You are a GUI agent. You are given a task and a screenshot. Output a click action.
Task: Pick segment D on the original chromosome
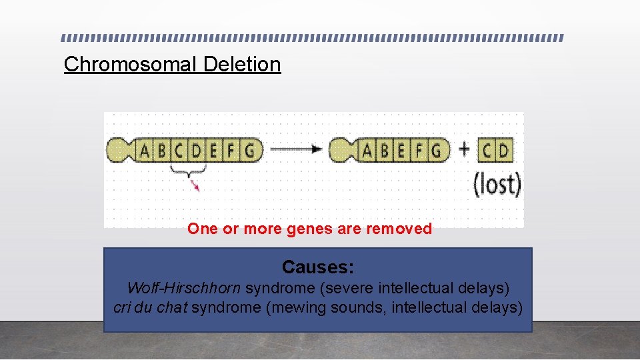[x=197, y=151]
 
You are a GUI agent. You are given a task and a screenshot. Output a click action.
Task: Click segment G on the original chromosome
[x=249, y=151]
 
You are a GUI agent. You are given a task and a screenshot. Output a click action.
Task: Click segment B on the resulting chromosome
[x=385, y=151]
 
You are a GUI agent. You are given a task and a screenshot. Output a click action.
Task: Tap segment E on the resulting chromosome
[x=401, y=151]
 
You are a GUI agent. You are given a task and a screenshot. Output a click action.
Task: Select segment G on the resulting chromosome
[x=436, y=151]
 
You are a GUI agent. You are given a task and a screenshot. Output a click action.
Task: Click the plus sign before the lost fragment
[x=465, y=150]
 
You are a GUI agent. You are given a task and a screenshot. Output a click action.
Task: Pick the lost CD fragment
[x=495, y=151]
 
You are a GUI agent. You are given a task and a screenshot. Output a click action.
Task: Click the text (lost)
[x=497, y=183]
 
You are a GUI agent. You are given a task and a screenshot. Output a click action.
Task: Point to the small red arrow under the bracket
[x=195, y=184]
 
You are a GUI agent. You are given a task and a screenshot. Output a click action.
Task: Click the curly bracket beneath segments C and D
[x=188, y=171]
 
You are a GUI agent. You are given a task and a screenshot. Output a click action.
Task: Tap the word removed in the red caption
[x=401, y=229]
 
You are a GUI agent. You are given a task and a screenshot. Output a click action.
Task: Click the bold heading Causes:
[x=318, y=267]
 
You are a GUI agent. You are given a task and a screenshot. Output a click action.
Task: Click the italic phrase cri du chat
[x=151, y=308]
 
